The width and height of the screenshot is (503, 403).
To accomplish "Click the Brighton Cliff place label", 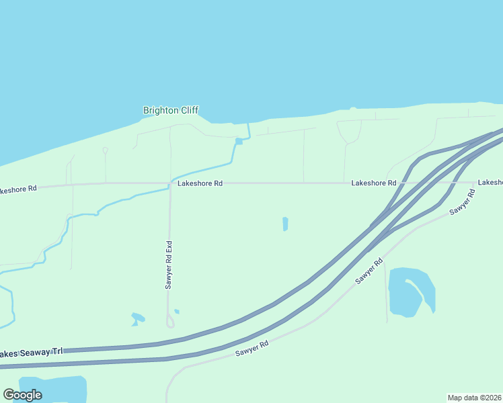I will pyautogui.click(x=171, y=110).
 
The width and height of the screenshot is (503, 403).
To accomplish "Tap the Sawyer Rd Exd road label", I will pyautogui.click(x=169, y=265).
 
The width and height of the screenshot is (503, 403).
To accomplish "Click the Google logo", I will pyautogui.click(x=22, y=395).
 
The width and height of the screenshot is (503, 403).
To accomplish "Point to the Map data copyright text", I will pyautogui.click(x=475, y=398).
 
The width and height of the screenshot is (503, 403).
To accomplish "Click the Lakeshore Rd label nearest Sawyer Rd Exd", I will pyautogui.click(x=200, y=183).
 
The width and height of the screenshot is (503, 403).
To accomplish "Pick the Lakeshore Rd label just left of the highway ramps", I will pyautogui.click(x=373, y=183).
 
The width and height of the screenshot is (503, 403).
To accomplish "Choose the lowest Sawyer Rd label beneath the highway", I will pyautogui.click(x=252, y=347).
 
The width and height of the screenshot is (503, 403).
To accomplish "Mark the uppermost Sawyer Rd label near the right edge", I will pyautogui.click(x=463, y=201).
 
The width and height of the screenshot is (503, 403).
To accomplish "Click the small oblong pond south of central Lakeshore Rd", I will pyautogui.click(x=285, y=224).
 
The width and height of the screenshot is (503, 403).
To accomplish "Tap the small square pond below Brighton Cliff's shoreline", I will pyautogui.click(x=239, y=141).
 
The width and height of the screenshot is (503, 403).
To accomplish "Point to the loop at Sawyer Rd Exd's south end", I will pyautogui.click(x=170, y=322).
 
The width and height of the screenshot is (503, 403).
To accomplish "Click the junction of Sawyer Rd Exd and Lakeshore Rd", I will pyautogui.click(x=169, y=183).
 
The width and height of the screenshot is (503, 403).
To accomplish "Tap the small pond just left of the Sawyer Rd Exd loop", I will pyautogui.click(x=138, y=318).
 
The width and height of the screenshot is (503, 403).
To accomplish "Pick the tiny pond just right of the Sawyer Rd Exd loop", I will pyautogui.click(x=177, y=311).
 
